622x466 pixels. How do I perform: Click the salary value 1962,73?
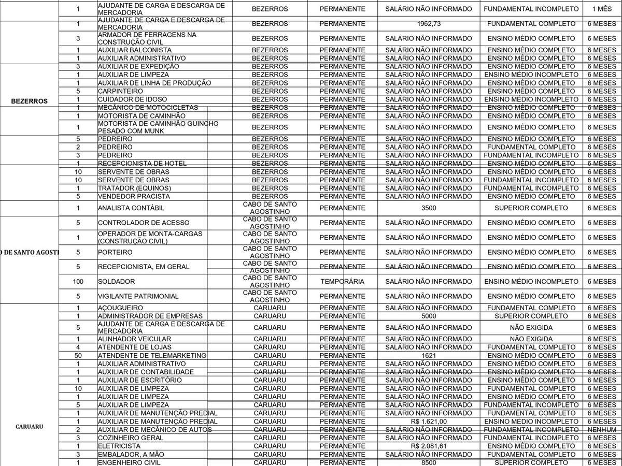click(429, 24)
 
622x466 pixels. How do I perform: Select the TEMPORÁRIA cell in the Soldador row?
click(342, 281)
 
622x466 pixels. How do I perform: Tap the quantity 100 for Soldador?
click(78, 281)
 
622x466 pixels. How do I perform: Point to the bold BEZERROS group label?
click(29, 101)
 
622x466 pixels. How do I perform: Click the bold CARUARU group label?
click(29, 427)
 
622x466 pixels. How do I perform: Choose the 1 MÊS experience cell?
click(602, 9)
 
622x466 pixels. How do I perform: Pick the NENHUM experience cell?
click(602, 430)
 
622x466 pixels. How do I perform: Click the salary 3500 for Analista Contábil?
click(429, 208)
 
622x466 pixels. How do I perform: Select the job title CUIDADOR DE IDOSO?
click(128, 99)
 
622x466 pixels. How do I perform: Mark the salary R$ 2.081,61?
click(429, 446)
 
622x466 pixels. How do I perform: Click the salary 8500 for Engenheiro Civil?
click(429, 462)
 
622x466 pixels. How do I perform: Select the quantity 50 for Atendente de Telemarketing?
click(78, 355)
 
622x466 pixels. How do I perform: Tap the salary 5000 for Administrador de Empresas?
click(429, 316)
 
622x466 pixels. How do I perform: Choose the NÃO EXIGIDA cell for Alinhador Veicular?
click(531, 339)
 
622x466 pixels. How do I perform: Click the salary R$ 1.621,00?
click(429, 421)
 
